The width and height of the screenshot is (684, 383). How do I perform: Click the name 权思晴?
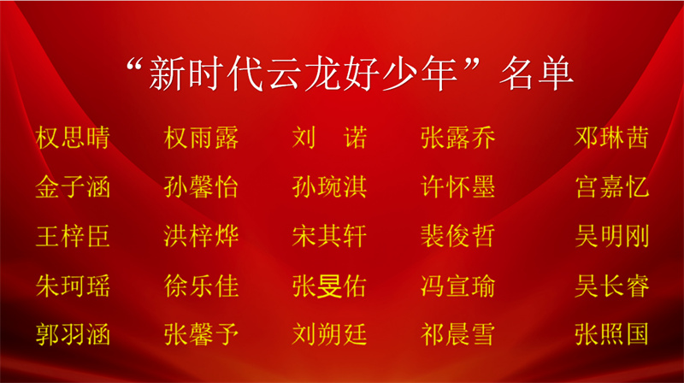click(73, 138)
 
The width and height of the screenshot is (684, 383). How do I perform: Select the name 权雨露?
click(201, 138)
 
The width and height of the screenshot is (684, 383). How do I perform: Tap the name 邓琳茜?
click(611, 138)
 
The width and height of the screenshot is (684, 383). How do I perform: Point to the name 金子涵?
click(73, 187)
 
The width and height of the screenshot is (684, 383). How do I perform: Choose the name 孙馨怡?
click(201, 187)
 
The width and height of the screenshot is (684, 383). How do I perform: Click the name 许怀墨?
click(458, 187)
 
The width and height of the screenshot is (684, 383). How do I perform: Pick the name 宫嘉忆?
click(611, 187)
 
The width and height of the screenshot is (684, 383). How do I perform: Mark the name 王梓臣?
click(73, 237)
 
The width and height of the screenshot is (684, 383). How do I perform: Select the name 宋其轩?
click(329, 237)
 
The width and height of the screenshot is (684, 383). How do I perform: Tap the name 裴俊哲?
click(458, 237)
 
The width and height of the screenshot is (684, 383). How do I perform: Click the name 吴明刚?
click(611, 237)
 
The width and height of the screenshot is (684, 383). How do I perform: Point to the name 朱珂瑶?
click(73, 286)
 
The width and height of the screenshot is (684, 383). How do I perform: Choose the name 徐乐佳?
click(201, 286)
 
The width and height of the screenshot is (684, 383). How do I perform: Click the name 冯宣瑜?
click(458, 286)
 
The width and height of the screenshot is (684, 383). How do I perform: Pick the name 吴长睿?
click(611, 286)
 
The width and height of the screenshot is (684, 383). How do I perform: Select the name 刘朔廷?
click(329, 334)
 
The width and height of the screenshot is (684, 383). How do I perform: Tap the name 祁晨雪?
click(458, 334)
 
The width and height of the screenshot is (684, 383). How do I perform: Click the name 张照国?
click(611, 334)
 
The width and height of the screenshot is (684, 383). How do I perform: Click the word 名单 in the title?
click(536, 74)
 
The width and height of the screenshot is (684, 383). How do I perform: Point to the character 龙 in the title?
click(323, 74)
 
